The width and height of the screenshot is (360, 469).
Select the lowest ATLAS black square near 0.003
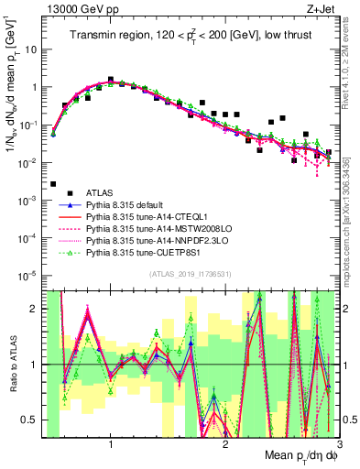click(x=53, y=184)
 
